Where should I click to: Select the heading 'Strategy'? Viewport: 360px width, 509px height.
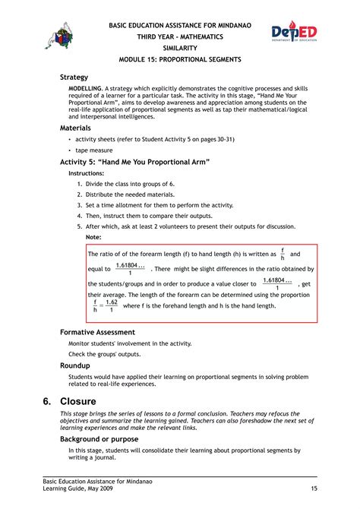point(74,77)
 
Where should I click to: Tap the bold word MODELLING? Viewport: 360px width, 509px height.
point(86,89)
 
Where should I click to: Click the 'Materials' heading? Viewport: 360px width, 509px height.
point(76,128)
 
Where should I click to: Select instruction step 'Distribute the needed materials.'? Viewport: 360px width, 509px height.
point(130,194)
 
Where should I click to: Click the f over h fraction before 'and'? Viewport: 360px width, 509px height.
point(283,254)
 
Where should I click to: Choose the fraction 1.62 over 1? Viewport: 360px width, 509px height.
point(111,305)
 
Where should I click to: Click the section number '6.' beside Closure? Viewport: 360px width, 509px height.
point(46,400)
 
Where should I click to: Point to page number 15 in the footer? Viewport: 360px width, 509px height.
point(314,488)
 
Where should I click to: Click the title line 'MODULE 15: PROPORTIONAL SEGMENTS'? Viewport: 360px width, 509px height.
point(180,59)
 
